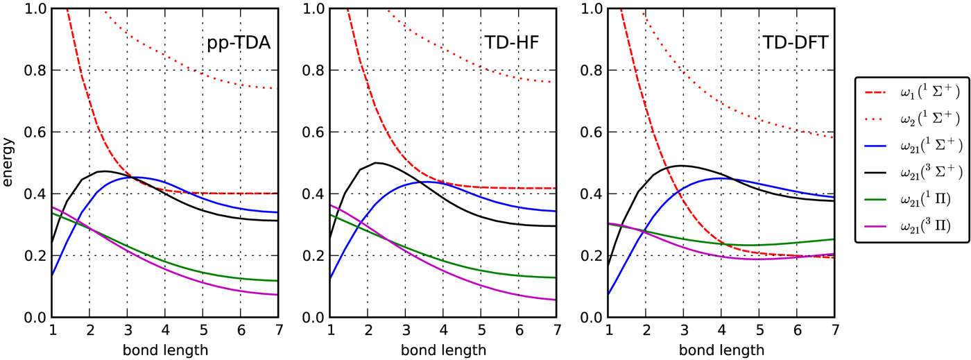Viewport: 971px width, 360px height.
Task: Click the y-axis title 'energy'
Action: click(x=8, y=163)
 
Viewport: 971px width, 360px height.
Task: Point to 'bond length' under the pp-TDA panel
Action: click(x=165, y=350)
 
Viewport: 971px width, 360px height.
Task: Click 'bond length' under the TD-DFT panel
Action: click(x=721, y=350)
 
